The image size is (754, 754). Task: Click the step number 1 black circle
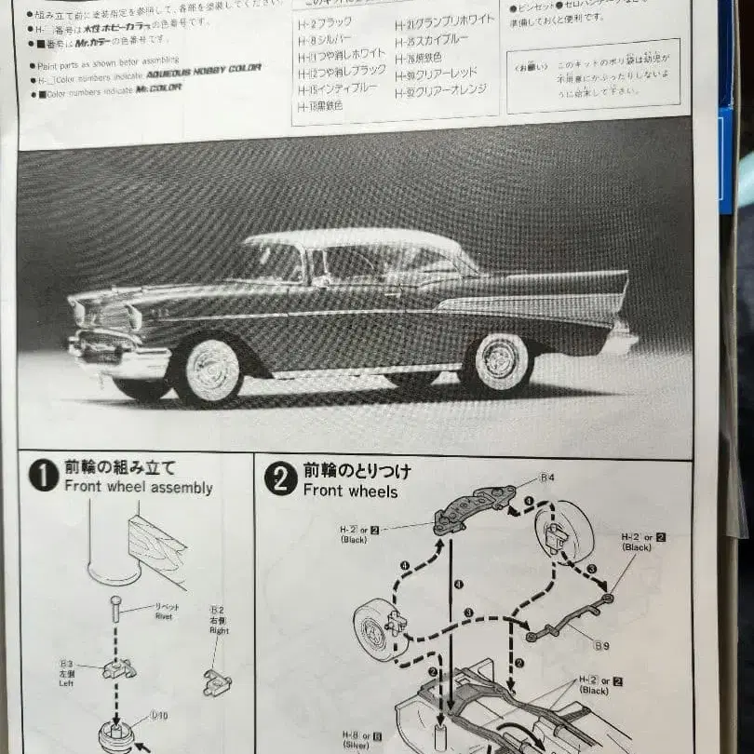point(44,476)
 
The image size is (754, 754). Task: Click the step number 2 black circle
point(280,478)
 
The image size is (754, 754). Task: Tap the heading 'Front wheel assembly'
point(138,488)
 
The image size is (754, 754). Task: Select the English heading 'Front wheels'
point(350,491)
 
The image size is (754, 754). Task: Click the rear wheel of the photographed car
point(498,361)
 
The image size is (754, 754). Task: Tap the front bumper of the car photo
point(116,357)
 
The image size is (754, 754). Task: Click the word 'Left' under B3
point(66,681)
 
